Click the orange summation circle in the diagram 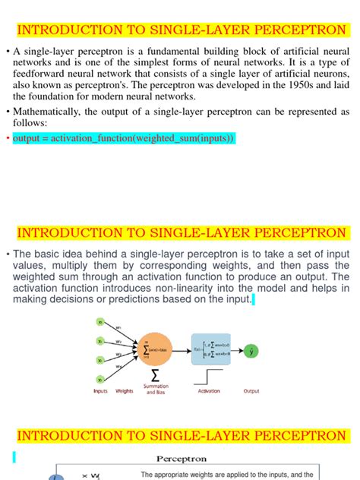pos(156,350)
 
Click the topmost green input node pos(99,321)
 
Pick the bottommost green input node pos(99,379)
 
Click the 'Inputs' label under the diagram pos(100,391)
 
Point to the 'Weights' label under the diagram pos(125,391)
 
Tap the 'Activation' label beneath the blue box pos(209,391)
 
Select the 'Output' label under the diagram pos(251,391)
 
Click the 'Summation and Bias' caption pos(156,390)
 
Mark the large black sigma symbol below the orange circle pos(155,375)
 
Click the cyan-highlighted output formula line pos(124,138)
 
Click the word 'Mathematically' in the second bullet pos(46,112)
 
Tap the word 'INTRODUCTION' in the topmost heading pos(65,30)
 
